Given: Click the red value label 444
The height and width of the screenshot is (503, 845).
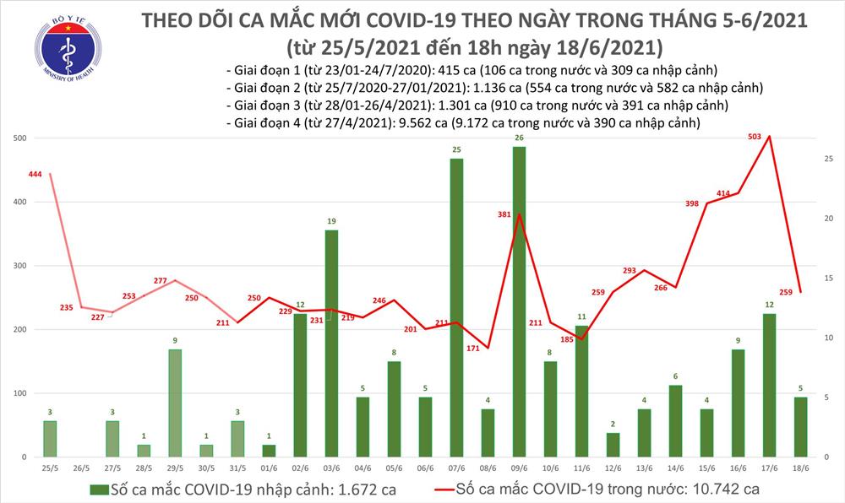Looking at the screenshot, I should point(35,174).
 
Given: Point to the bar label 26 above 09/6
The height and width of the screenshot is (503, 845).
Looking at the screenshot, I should point(520,138).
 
